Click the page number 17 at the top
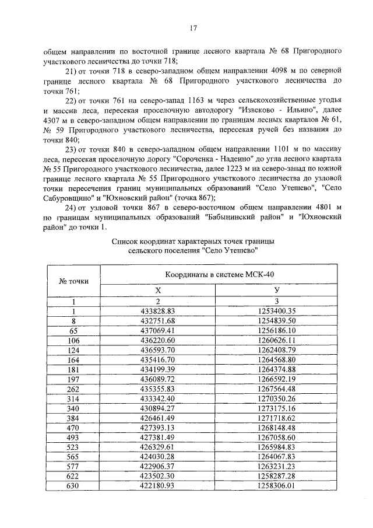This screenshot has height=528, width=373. (x=193, y=27)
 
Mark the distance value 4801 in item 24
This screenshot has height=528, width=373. (x=318, y=207)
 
